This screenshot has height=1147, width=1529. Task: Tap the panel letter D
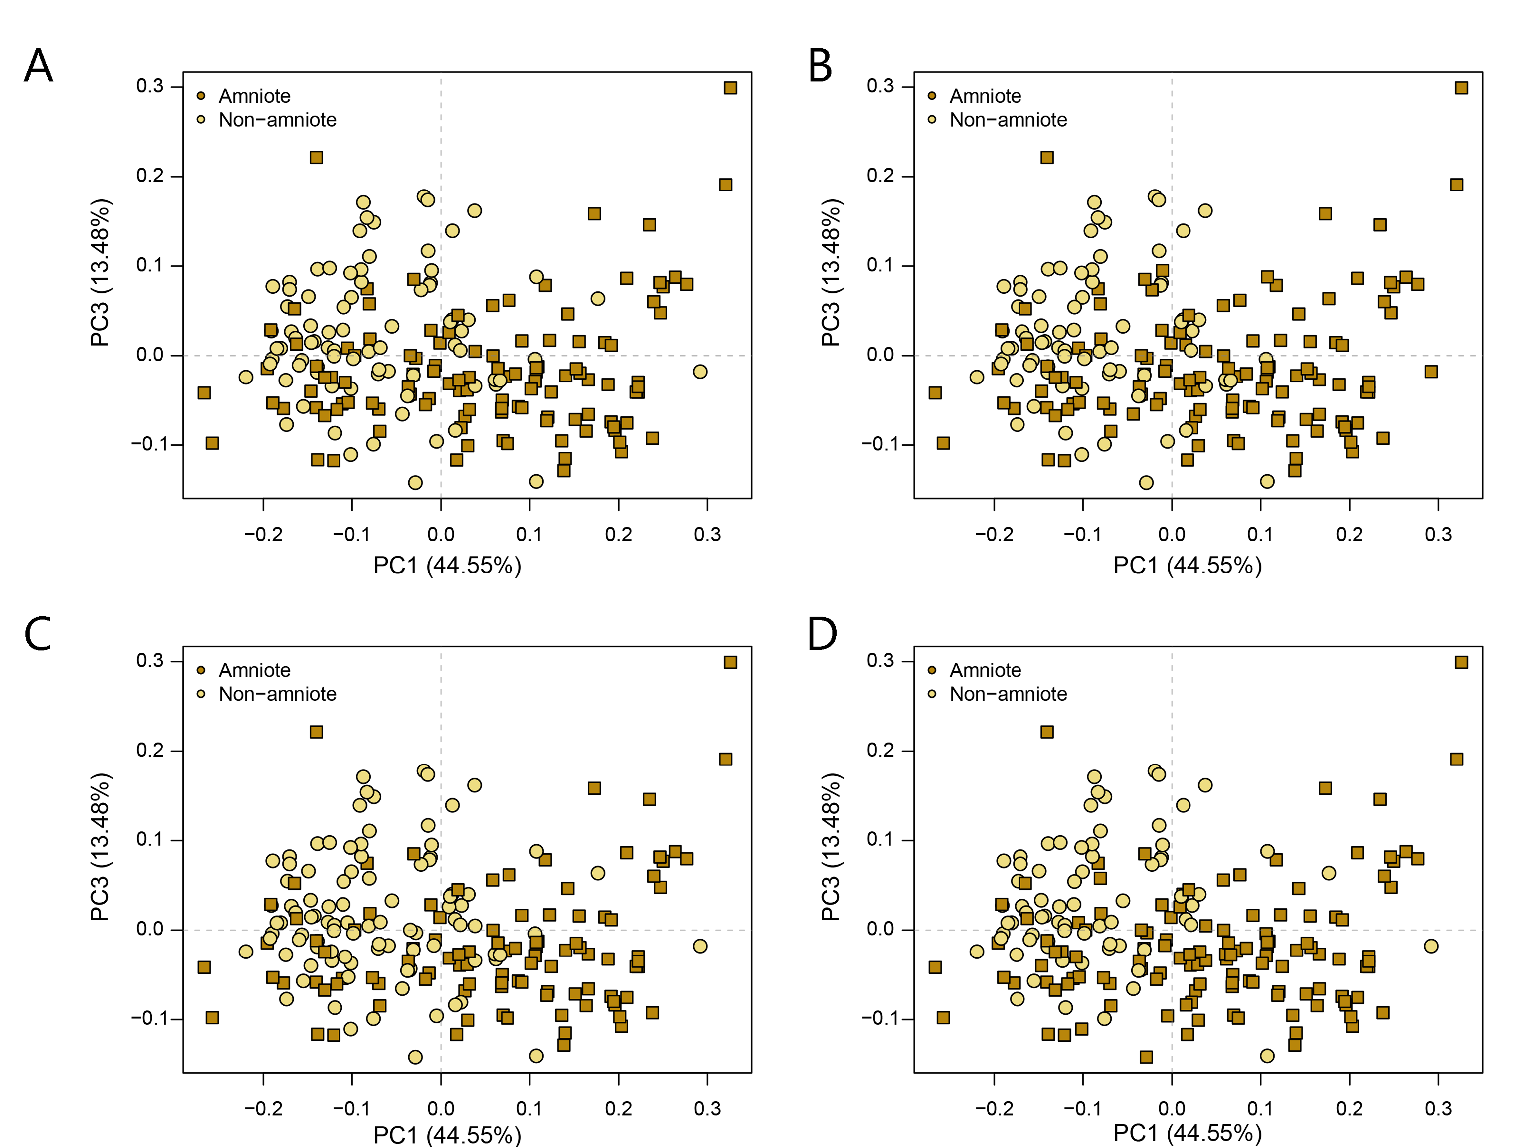[x=822, y=634]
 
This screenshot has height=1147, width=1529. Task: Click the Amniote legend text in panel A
[x=254, y=96]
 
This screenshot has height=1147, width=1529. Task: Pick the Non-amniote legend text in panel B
[x=1008, y=120]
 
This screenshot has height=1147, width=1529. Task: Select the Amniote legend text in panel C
[x=254, y=670]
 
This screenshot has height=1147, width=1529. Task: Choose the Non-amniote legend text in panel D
[x=1008, y=694]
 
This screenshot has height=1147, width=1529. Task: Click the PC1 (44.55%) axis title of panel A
[x=447, y=566]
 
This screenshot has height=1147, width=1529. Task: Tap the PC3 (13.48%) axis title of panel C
[x=100, y=847]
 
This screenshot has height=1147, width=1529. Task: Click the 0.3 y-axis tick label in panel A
[x=149, y=86]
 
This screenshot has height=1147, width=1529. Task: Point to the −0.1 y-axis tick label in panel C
[x=147, y=1018]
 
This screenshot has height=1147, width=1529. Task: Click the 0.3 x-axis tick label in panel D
[x=1438, y=1108]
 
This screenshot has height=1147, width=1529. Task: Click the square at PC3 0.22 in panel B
[x=1047, y=158]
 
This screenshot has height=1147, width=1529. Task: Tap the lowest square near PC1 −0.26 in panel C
[x=212, y=1018]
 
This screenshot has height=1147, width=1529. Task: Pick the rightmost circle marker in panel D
[x=1431, y=946]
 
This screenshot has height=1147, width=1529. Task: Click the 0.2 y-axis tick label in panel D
[x=880, y=750]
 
